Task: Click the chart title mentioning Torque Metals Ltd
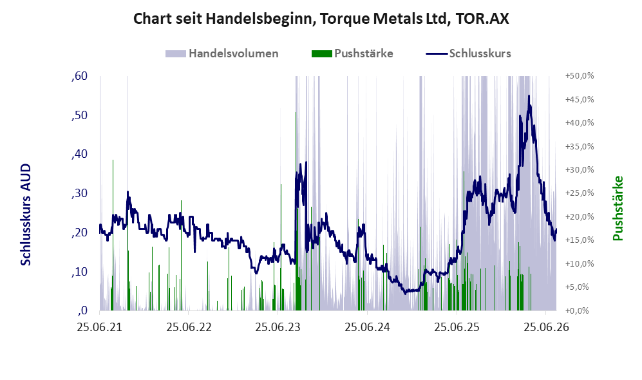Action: coord(321,19)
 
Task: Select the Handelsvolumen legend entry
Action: coord(222,53)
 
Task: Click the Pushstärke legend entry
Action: coord(352,53)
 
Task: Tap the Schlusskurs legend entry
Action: coord(468,53)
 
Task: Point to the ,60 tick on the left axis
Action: coord(79,76)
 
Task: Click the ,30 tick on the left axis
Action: coord(79,193)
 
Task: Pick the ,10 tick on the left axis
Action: coord(79,272)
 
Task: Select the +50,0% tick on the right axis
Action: coord(580,76)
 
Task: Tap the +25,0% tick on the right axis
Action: coord(580,193)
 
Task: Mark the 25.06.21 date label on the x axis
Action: coord(100,327)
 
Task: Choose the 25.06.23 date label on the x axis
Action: coord(278,327)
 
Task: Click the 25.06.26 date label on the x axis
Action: coord(546,327)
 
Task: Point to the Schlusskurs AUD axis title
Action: coord(26,214)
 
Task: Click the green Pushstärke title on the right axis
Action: coord(618,208)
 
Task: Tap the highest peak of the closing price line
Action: coord(529,96)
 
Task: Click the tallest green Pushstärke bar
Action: coord(296,211)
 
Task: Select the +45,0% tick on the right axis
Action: coord(580,99)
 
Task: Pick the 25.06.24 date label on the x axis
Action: coord(367,327)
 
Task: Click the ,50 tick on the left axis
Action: coord(79,115)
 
